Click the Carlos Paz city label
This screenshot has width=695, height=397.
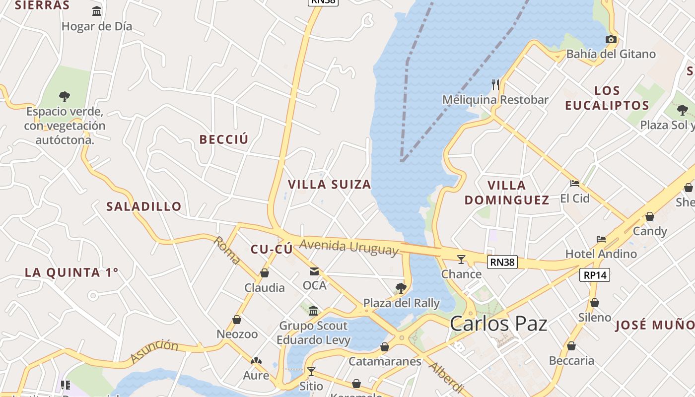tap(498, 324)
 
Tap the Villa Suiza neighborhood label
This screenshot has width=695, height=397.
tap(330, 185)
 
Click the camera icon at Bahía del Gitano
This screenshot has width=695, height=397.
tap(611, 40)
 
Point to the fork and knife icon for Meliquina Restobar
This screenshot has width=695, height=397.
tap(495, 84)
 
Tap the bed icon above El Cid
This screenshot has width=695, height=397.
tap(575, 184)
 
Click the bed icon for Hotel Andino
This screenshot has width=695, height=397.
tap(601, 239)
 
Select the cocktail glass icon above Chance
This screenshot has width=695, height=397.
tap(461, 259)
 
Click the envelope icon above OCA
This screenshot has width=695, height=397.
tap(314, 271)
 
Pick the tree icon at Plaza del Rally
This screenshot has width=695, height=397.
tap(401, 288)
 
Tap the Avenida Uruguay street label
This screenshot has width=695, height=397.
tap(349, 247)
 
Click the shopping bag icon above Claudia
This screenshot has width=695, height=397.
tap(265, 273)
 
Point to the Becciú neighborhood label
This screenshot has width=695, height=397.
tap(223, 139)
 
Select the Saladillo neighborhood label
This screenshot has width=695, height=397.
tap(144, 206)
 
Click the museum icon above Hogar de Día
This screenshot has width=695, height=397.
tap(97, 11)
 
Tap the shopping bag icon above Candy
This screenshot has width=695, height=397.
tap(649, 216)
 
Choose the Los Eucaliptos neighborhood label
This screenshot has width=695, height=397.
tap(607, 98)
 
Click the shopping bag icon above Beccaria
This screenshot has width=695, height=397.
tap(571, 346)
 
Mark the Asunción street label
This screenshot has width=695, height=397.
tap(154, 351)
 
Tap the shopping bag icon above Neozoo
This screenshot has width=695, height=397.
tap(237, 320)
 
